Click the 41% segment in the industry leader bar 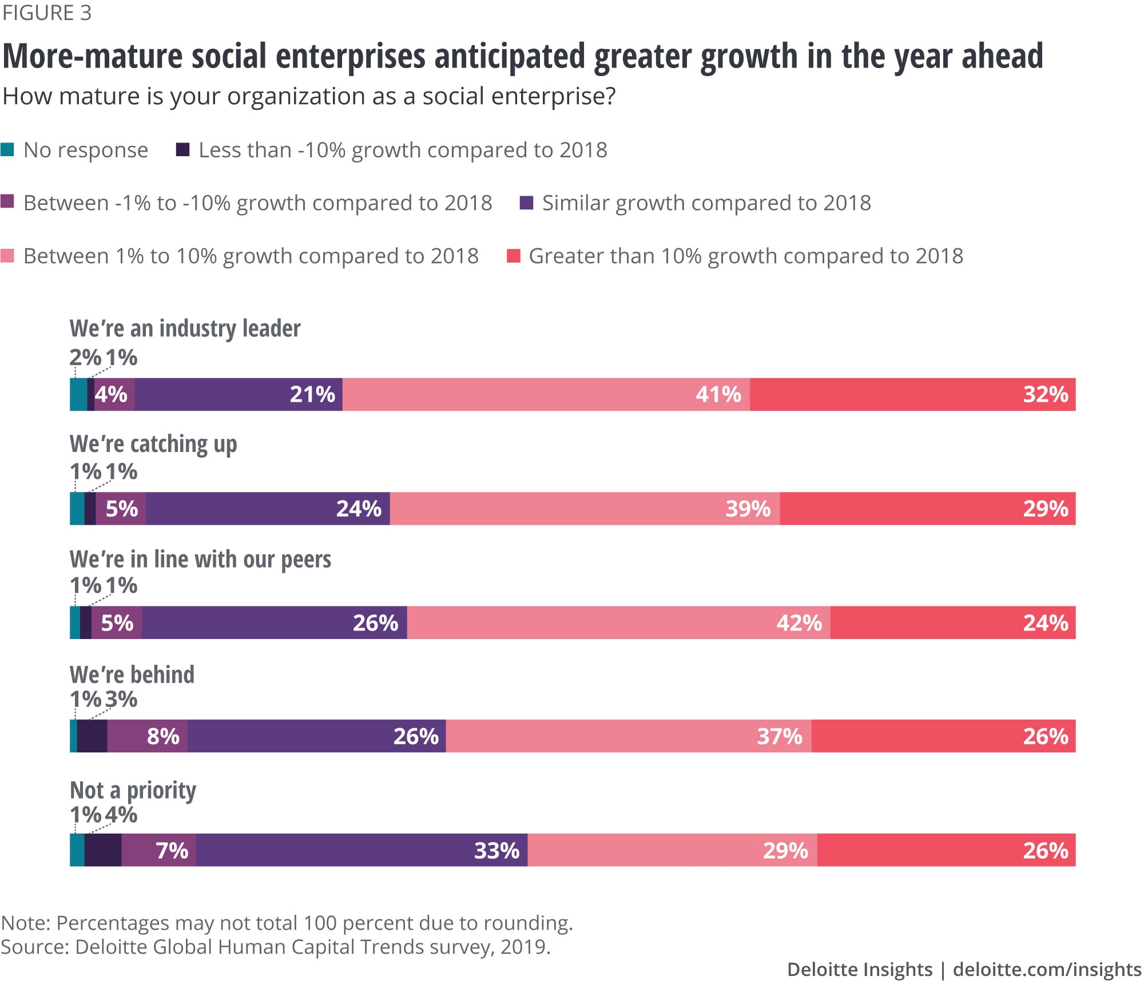(546, 394)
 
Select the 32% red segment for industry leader (912, 394)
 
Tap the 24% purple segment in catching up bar (268, 508)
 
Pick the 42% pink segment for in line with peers (618, 622)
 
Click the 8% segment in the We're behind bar (148, 736)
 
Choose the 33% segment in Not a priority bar (362, 850)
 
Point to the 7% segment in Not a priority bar (159, 850)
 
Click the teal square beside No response (7, 150)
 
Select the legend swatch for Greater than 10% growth (514, 256)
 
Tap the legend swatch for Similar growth (526, 203)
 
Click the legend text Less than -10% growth (403, 150)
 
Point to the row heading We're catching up (153, 445)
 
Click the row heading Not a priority (133, 790)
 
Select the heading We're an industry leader (185, 329)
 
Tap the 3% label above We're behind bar (121, 699)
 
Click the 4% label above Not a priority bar (121, 815)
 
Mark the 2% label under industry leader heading (85, 358)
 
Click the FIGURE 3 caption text (47, 13)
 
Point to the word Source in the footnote (34, 947)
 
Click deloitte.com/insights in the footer (1047, 969)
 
